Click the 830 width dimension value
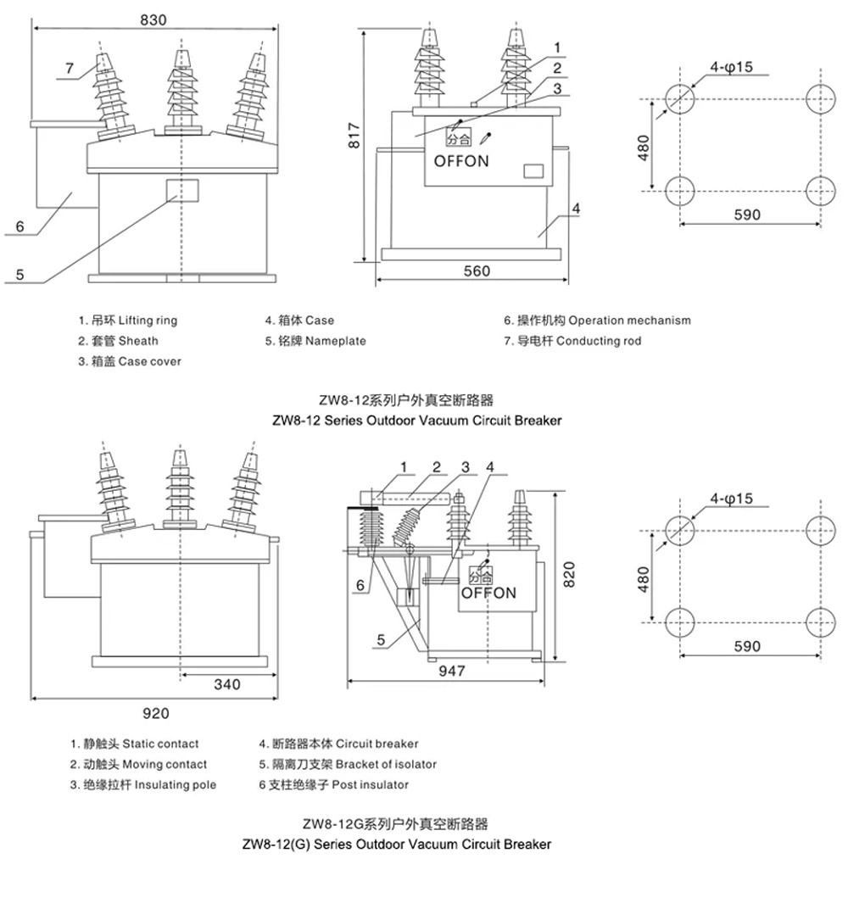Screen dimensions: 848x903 click(153, 20)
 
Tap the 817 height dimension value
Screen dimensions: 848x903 click(354, 136)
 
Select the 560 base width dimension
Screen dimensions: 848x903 click(477, 270)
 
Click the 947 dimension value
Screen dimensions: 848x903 click(452, 671)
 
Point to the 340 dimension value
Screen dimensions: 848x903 click(227, 684)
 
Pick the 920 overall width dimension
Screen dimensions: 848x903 click(155, 714)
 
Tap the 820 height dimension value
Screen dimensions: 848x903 click(569, 574)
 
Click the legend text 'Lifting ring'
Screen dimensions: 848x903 click(148, 321)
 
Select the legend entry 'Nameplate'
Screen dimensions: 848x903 click(336, 341)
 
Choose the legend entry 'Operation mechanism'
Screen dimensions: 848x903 click(630, 321)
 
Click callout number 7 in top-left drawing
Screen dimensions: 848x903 click(70, 68)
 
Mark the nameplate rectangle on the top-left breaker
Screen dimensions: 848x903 click(182, 191)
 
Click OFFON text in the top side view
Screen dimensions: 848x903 click(461, 161)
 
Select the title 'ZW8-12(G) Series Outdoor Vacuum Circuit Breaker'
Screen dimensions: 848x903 click(397, 844)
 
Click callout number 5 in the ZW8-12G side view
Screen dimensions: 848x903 click(381, 640)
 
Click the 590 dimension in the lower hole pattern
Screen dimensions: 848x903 click(747, 646)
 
